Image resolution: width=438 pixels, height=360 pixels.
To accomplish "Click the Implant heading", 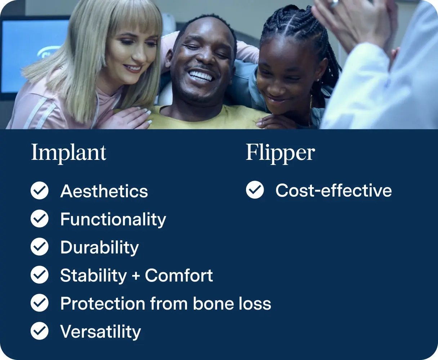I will coord(69,153).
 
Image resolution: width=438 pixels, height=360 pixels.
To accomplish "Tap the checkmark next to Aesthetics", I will coord(40,191).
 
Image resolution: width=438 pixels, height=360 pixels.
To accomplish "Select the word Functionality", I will coord(113,220).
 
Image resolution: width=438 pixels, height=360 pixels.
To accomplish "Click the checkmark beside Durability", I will coord(40,247).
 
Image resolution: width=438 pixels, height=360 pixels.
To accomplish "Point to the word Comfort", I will coord(179,276).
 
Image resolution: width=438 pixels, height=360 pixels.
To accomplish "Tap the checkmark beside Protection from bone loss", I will coord(40,303).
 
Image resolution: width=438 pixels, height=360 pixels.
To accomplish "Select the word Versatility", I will coord(100,332).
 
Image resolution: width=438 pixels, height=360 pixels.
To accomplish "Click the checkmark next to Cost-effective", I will coord(255,190).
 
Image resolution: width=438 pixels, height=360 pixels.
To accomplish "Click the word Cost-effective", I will coord(334,190).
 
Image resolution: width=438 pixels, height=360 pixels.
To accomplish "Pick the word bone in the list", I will coord(209,303).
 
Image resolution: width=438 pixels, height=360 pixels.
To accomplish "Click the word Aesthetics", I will coord(104,191).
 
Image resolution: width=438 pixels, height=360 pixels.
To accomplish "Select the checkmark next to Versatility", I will coord(40,331).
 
